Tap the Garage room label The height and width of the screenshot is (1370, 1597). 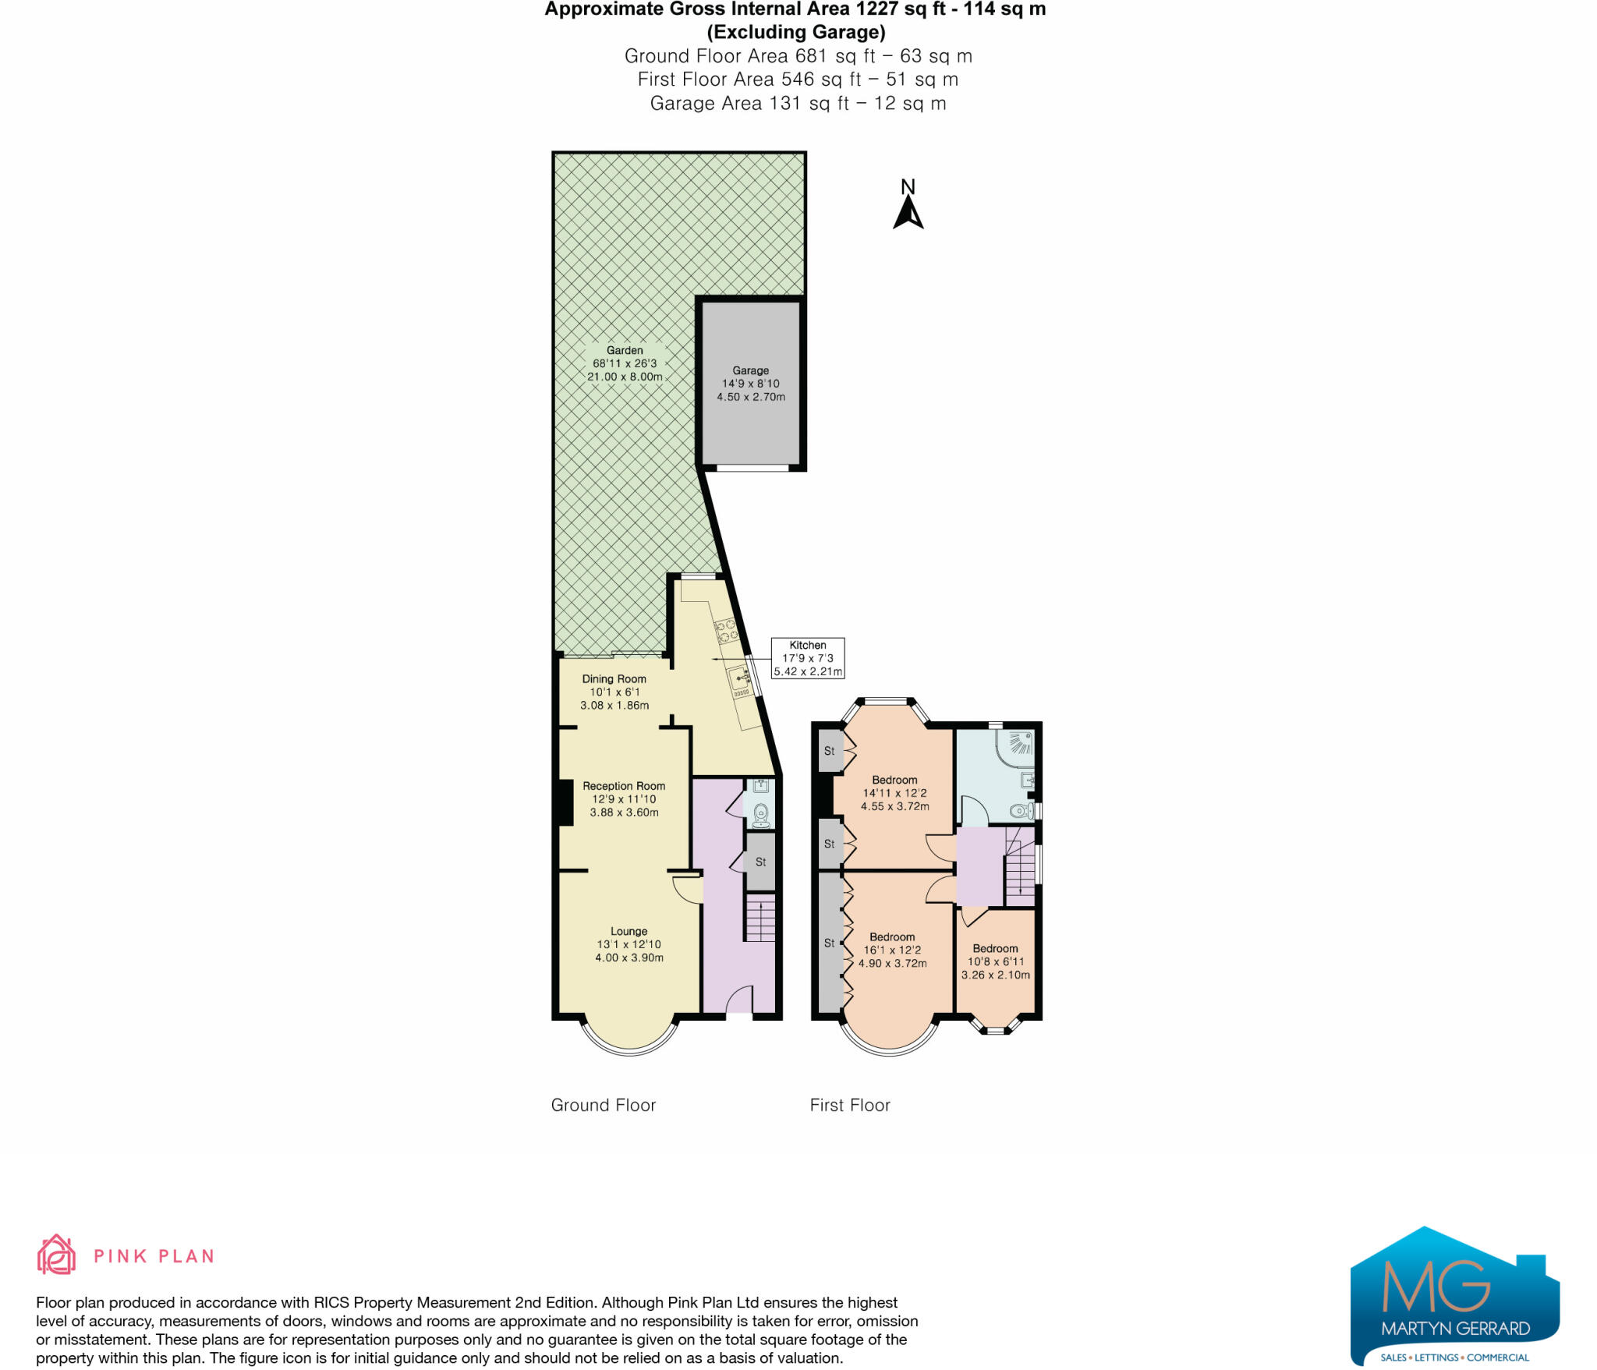tap(750, 371)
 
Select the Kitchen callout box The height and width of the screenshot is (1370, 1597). tap(807, 658)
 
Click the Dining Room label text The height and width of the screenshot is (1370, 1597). tap(614, 679)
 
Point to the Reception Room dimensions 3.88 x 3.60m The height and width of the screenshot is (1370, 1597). tap(624, 812)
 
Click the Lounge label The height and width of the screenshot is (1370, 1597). tap(629, 932)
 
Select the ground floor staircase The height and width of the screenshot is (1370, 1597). tap(760, 919)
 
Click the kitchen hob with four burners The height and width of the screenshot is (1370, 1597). tap(726, 630)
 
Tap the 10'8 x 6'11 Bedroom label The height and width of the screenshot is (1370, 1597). tap(995, 962)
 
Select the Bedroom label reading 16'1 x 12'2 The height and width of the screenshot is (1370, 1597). tap(892, 951)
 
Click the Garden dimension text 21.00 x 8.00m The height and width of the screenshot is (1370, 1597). tap(625, 377)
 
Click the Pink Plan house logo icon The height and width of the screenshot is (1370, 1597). tap(56, 1255)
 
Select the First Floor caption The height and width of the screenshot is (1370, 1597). tap(849, 1105)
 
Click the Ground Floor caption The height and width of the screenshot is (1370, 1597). tap(603, 1105)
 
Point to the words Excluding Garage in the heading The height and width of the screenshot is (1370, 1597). tap(795, 32)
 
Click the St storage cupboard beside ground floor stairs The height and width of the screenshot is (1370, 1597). tap(760, 862)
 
